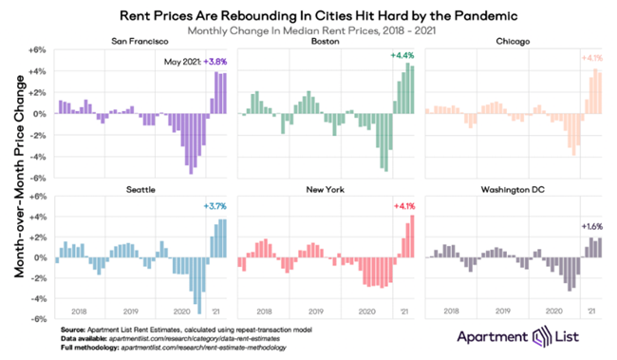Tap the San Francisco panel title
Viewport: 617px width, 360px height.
(140, 43)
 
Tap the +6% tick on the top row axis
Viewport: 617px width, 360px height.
(38, 49)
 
